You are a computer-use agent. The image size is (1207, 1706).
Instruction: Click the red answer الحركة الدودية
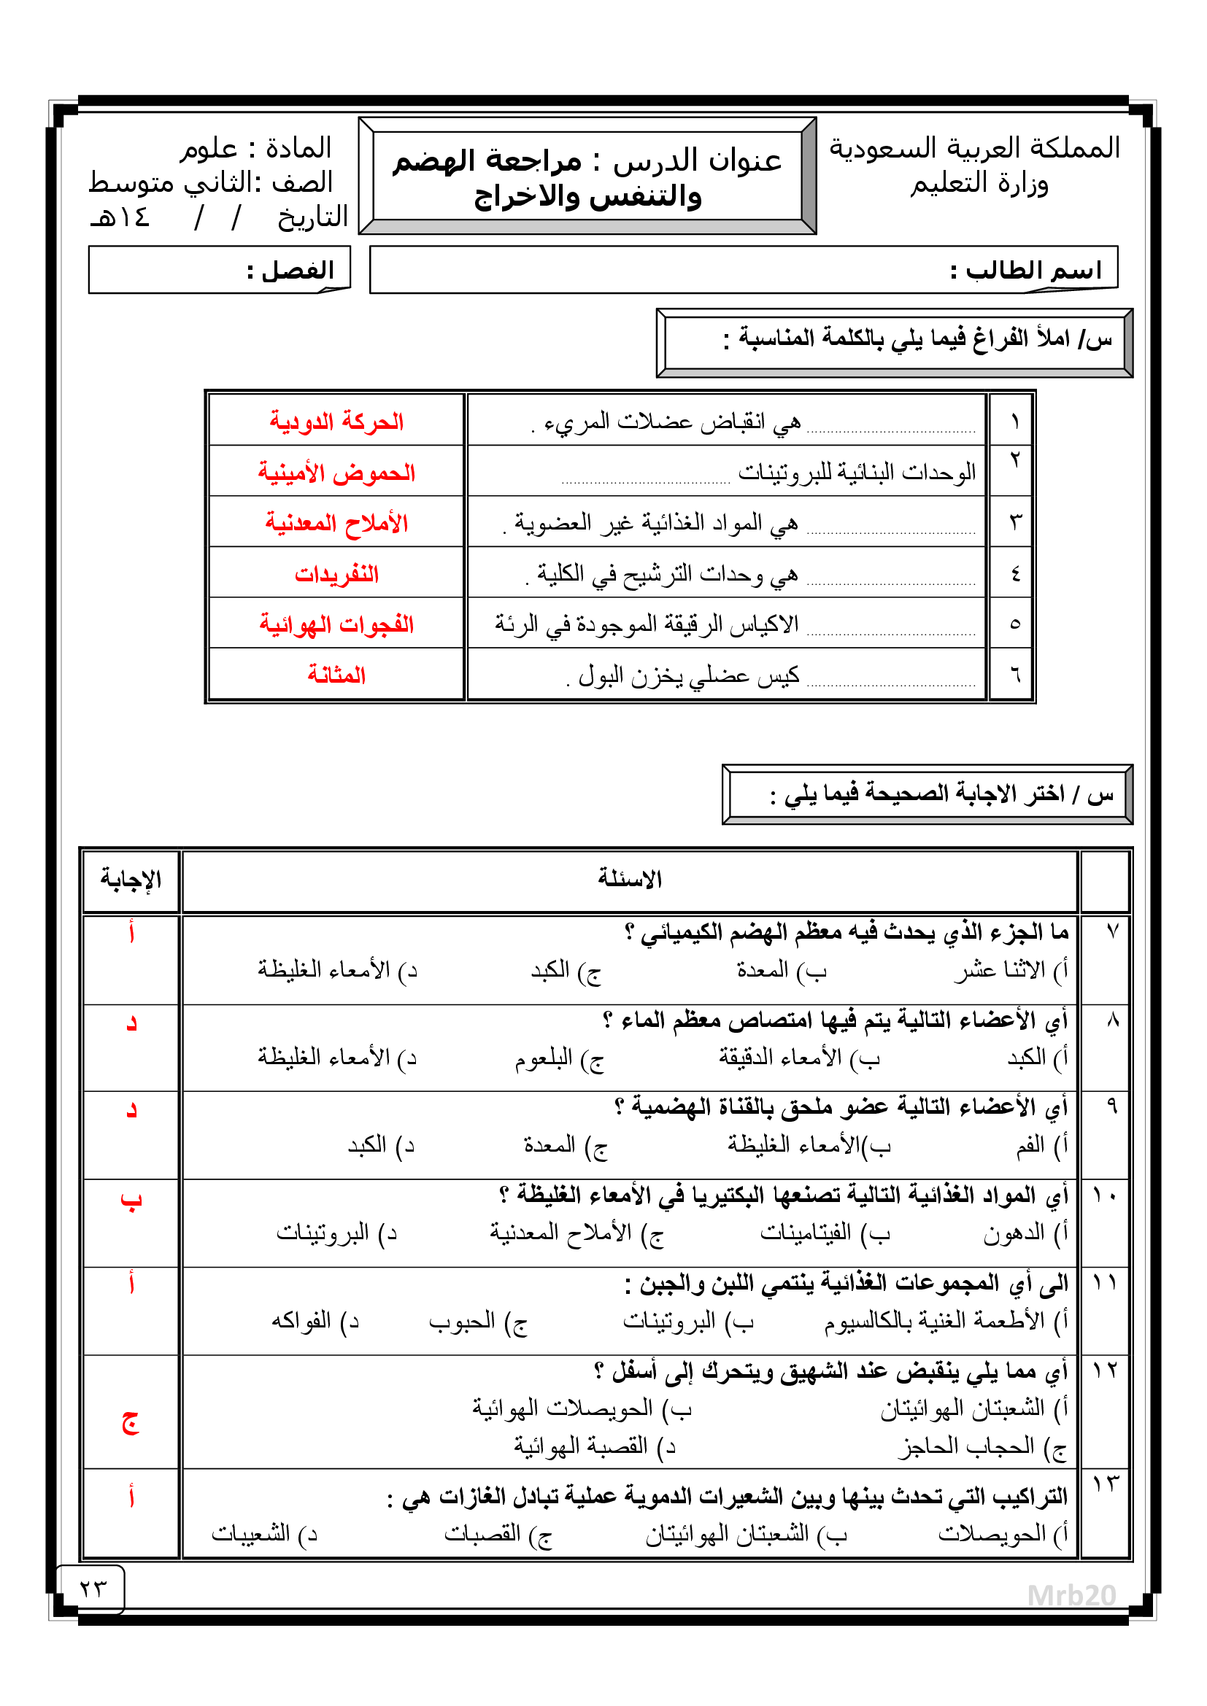[x=336, y=422]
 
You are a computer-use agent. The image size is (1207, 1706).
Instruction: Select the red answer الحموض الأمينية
[x=336, y=473]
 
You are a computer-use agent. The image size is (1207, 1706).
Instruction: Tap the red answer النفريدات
[x=336, y=574]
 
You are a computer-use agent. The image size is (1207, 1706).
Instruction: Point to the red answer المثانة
[x=336, y=675]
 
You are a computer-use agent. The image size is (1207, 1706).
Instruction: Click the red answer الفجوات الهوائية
[x=336, y=625]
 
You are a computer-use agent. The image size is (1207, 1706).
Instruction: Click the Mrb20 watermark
[x=1071, y=1595]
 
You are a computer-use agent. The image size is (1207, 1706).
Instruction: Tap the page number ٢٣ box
[x=92, y=1589]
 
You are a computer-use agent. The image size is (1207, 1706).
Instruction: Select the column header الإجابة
[x=131, y=880]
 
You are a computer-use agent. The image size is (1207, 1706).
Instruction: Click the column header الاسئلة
[x=630, y=880]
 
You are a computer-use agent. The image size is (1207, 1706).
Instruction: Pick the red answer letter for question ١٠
[x=131, y=1201]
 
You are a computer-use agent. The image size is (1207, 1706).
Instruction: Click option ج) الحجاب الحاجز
[x=982, y=1446]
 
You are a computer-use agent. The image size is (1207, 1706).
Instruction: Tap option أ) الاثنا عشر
[x=1011, y=970]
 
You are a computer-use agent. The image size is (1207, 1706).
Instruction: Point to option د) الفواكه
[x=315, y=1321]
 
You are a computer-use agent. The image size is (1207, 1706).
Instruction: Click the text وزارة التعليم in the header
[x=979, y=184]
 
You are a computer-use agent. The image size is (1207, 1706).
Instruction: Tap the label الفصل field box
[x=218, y=271]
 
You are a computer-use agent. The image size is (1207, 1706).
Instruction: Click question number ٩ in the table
[x=1111, y=1106]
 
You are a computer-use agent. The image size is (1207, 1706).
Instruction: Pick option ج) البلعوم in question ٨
[x=559, y=1058]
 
